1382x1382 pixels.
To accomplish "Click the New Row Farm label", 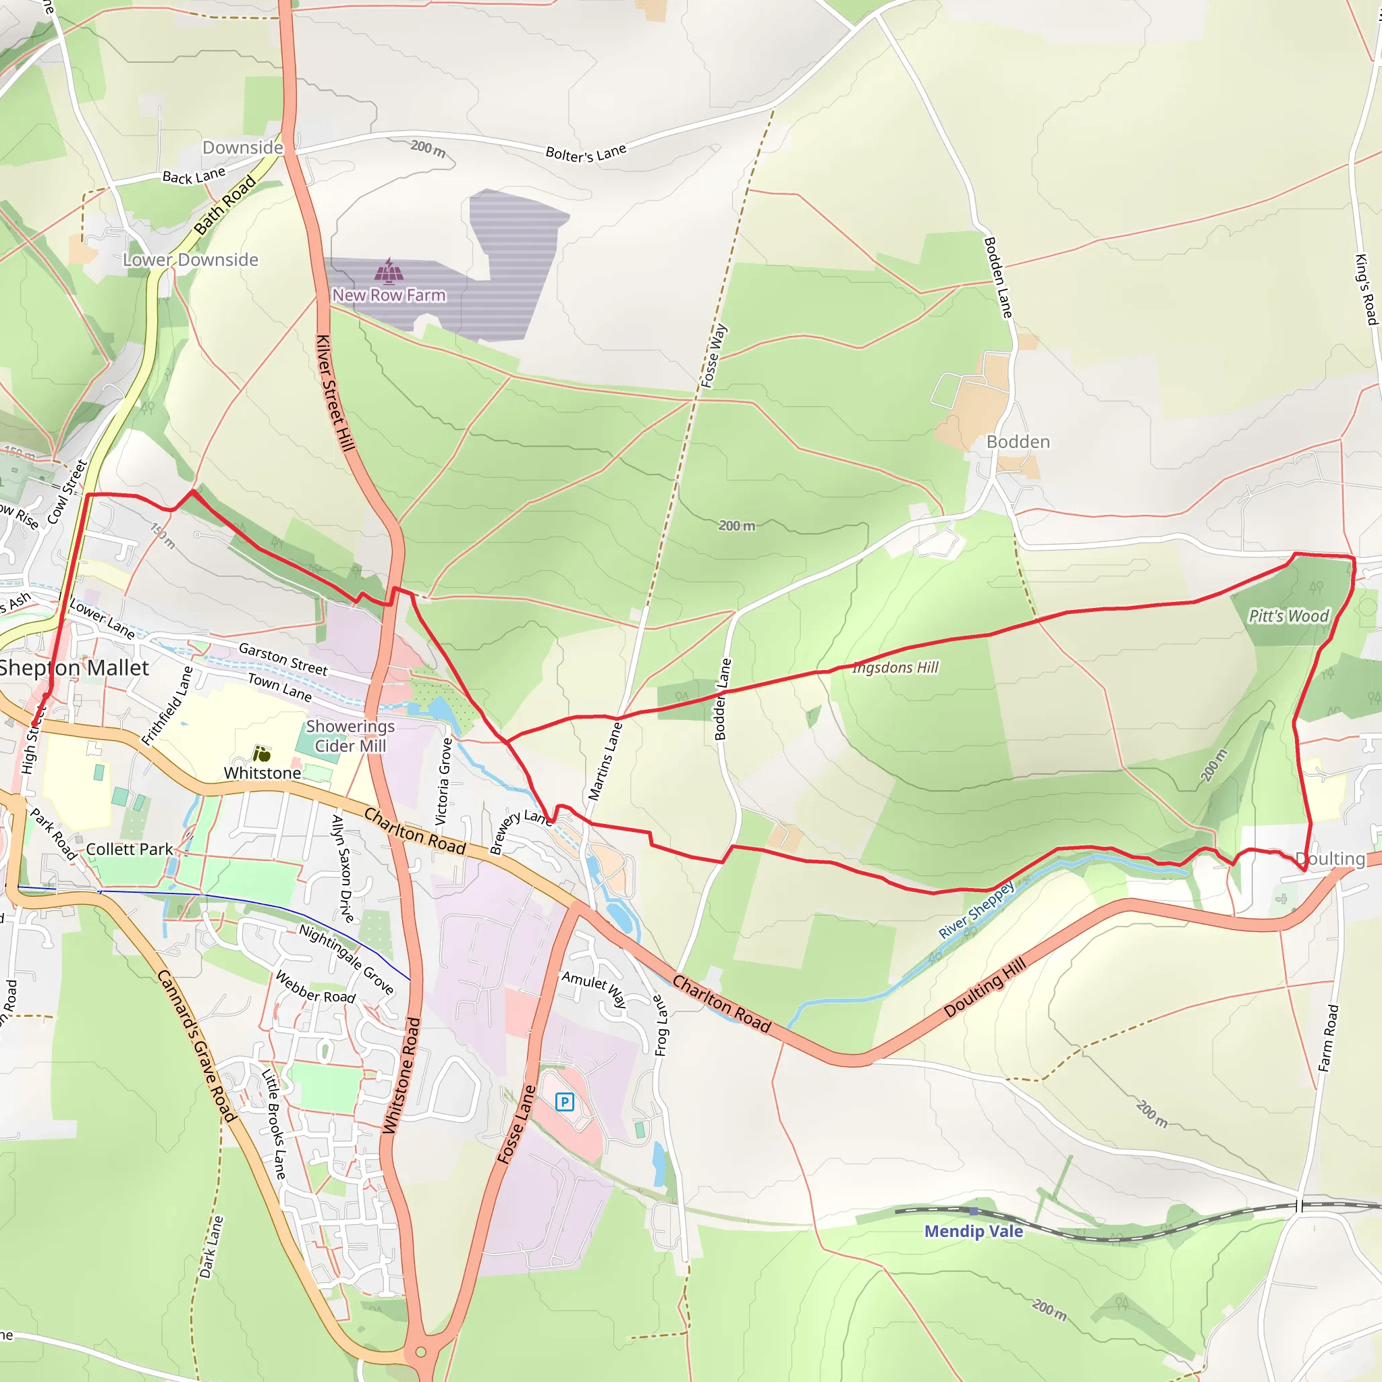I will (389, 295).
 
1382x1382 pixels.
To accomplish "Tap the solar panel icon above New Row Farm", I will (389, 271).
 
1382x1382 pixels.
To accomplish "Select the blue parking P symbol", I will (564, 1101).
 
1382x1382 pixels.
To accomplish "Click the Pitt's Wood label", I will (1288, 616).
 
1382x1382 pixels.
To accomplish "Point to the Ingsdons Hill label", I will (895, 667).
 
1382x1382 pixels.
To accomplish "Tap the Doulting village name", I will (1330, 858).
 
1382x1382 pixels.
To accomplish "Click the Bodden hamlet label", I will (1018, 442).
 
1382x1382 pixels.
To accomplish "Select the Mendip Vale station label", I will (973, 1231).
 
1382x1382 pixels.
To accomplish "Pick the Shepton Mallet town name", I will (74, 667).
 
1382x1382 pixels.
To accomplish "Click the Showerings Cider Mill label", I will (350, 736).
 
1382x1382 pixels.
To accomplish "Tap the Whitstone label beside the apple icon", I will (262, 773).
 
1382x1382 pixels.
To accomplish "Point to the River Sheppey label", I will (976, 910).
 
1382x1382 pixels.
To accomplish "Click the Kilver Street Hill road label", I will (335, 393).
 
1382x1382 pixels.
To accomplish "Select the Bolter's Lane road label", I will (586, 153).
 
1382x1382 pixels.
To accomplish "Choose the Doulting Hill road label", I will (985, 987).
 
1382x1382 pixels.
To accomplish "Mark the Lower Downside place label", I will (190, 260).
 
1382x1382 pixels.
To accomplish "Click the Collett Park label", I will (130, 849).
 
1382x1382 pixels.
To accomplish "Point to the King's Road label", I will (1366, 289).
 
